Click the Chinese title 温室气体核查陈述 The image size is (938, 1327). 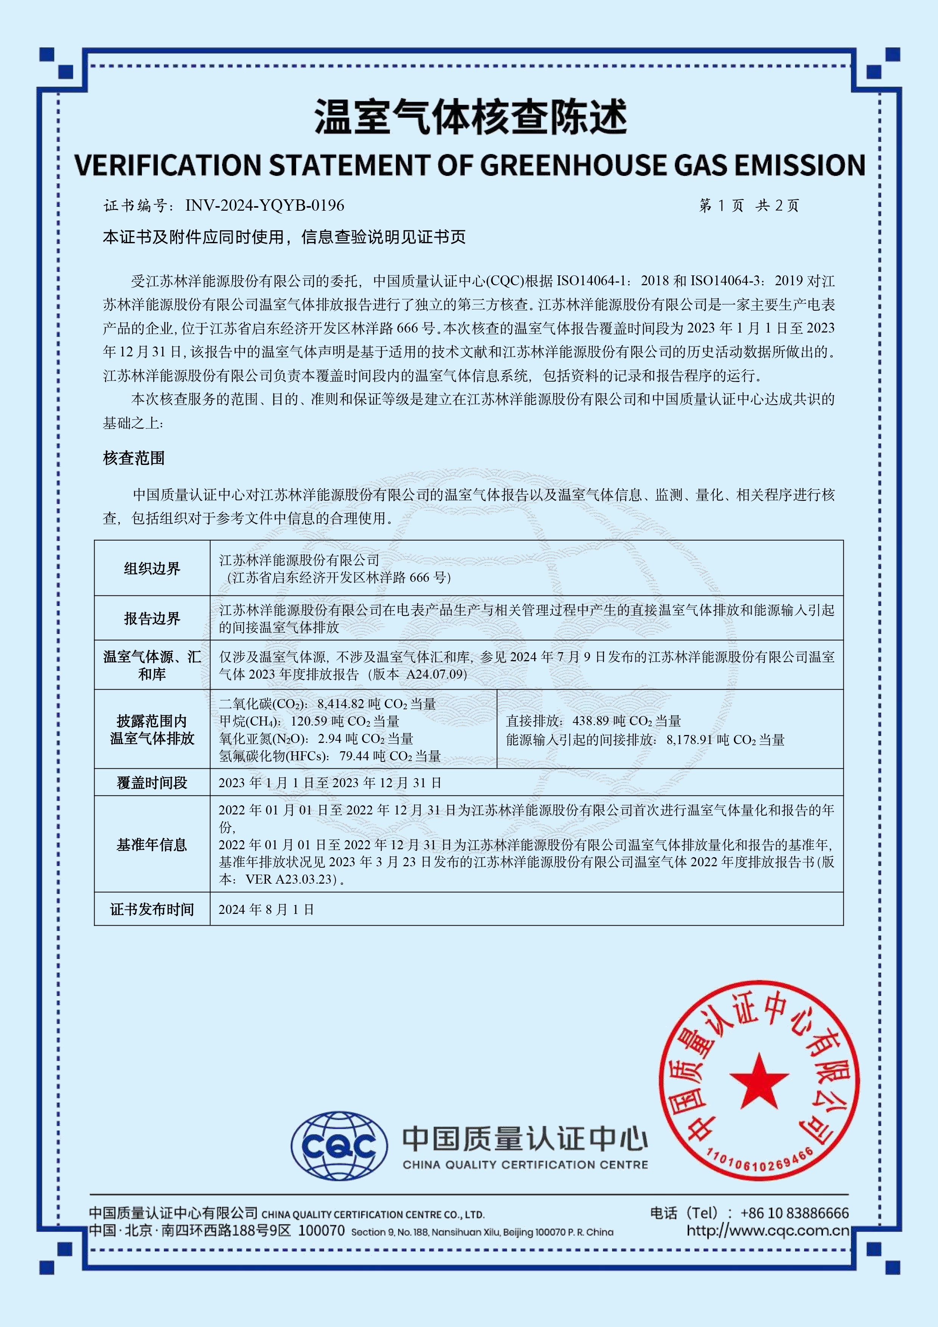[x=470, y=117]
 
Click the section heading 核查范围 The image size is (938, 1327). [x=134, y=458]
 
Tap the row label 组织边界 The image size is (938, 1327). [x=152, y=569]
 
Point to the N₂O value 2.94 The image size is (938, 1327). [x=329, y=739]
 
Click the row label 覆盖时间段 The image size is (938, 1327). [x=152, y=783]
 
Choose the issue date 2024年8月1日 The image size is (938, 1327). [x=266, y=909]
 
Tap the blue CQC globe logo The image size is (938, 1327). [x=339, y=1145]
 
